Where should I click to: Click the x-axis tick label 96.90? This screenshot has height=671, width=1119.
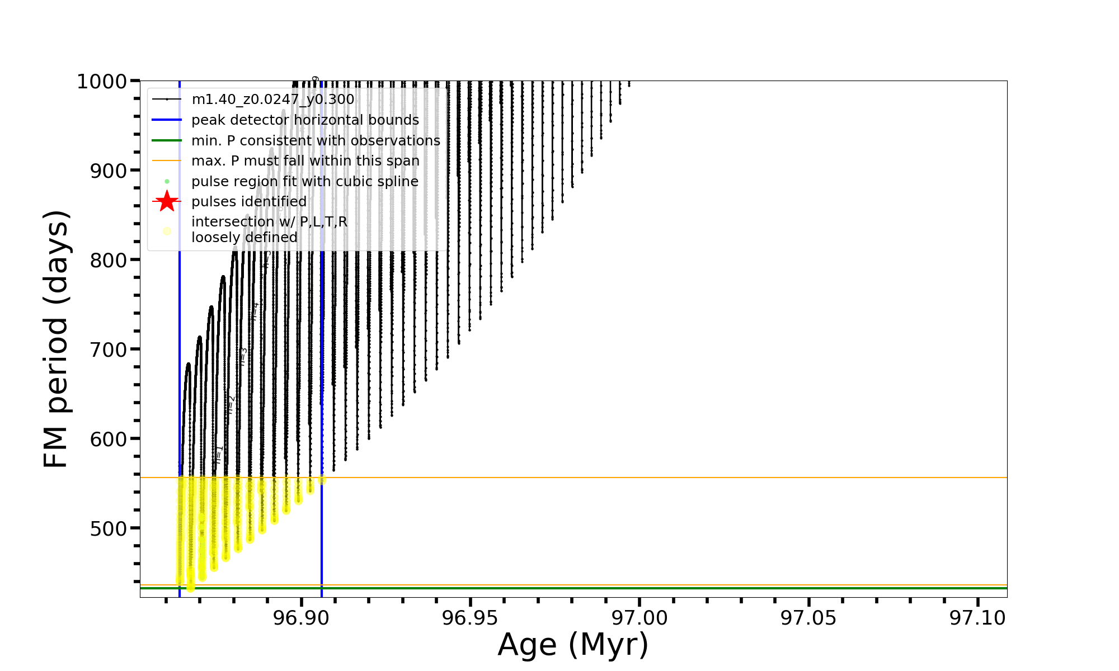tap(302, 618)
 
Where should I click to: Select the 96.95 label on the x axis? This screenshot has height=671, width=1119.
tap(471, 618)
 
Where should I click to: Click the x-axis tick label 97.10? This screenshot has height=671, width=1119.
tap(977, 618)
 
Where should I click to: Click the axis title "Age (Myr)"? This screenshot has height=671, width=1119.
tap(573, 645)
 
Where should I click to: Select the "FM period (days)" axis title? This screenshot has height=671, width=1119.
tap(57, 339)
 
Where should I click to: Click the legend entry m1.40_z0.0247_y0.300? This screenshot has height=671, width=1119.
tap(272, 100)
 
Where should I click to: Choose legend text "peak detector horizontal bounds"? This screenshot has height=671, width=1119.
tap(305, 120)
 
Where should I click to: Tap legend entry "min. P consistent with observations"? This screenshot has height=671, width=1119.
tap(316, 141)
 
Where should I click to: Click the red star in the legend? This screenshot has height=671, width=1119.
tap(167, 201)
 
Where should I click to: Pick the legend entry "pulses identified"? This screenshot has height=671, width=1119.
tap(249, 202)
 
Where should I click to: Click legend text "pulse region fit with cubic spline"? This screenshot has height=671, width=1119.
tap(305, 182)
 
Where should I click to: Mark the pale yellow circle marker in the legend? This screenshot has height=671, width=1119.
tap(167, 231)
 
